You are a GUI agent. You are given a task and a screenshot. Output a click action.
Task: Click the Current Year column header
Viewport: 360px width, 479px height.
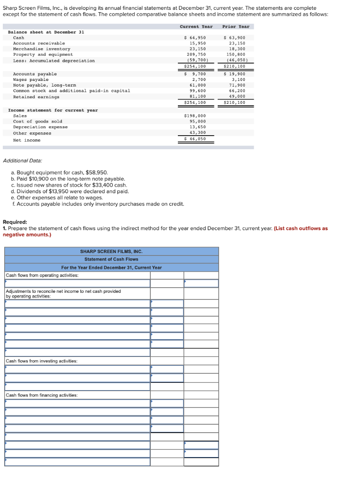[196, 27]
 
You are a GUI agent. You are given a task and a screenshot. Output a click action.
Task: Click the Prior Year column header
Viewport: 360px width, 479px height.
[235, 27]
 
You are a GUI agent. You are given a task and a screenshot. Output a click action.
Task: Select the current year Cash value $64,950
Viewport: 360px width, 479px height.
[195, 37]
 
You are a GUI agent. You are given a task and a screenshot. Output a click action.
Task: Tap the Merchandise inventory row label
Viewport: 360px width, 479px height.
[42, 49]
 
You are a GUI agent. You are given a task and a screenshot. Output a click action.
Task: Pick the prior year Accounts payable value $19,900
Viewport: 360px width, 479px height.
[235, 74]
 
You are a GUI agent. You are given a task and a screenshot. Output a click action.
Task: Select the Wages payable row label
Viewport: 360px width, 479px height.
[31, 80]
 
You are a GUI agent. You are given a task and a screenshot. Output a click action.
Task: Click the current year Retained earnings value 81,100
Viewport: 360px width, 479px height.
[197, 96]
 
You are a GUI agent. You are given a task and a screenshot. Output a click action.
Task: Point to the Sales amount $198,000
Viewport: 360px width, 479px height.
[195, 116]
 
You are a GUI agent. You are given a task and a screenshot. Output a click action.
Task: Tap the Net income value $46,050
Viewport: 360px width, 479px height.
[195, 138]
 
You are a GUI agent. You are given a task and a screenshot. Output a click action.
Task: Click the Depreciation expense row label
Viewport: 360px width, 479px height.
[40, 127]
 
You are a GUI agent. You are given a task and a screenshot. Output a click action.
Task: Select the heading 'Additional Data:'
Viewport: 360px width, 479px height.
[22, 160]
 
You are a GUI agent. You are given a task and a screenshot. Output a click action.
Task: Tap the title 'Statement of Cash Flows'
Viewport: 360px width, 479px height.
[111, 259]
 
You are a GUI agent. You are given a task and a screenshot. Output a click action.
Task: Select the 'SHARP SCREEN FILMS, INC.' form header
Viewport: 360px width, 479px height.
[111, 251]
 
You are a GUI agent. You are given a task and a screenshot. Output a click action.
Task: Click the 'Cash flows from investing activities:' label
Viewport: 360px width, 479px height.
[42, 361]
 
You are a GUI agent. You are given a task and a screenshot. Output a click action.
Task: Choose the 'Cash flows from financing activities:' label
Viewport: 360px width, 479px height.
[42, 395]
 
